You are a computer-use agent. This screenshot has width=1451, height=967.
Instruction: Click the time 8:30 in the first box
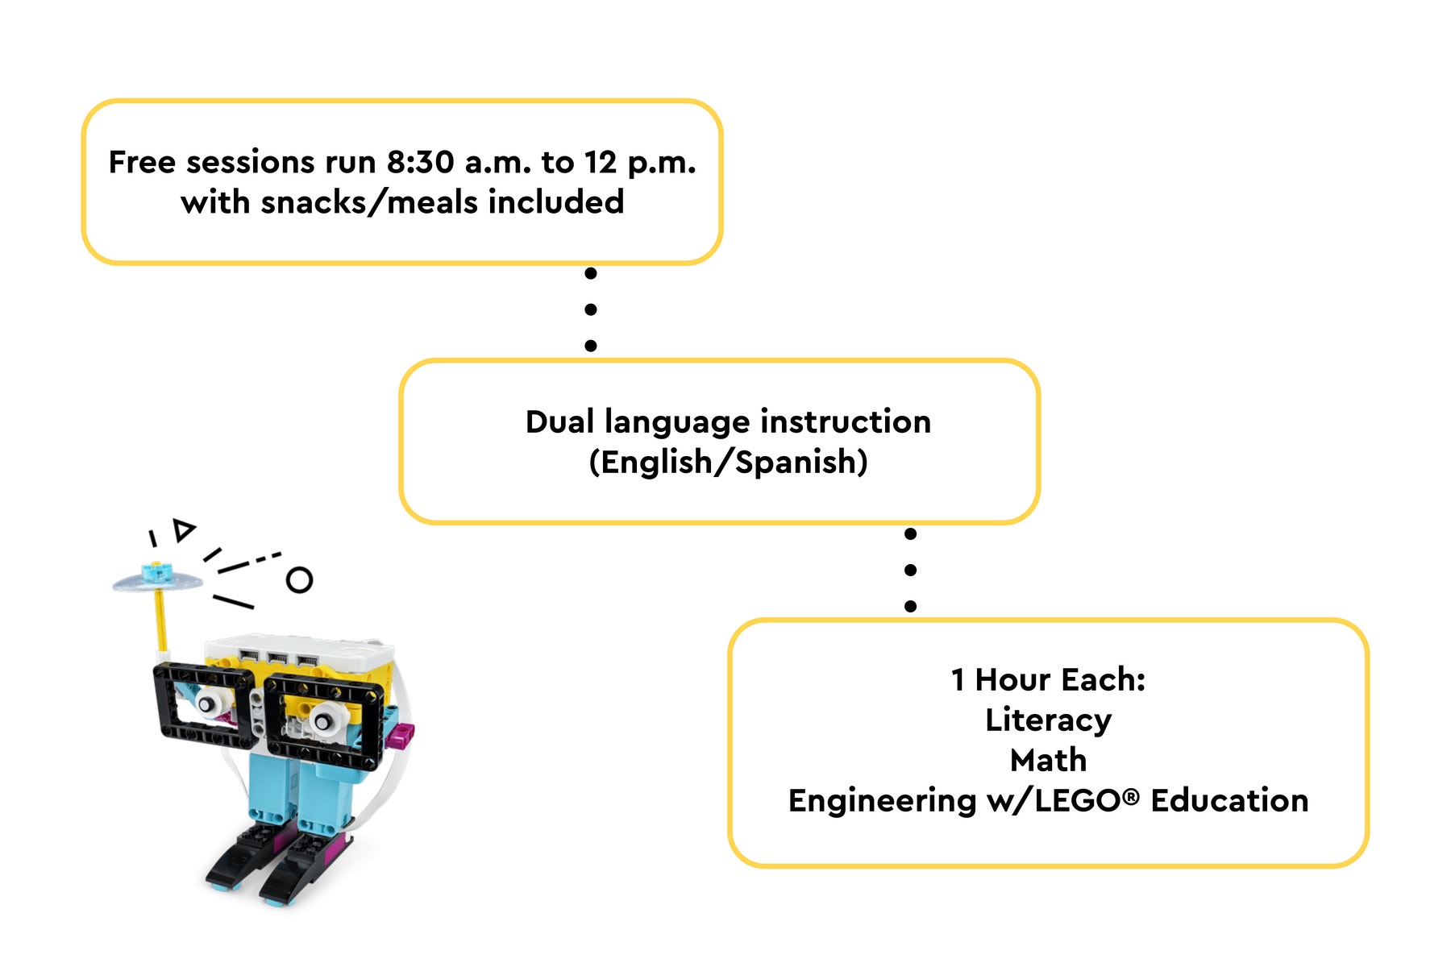420,163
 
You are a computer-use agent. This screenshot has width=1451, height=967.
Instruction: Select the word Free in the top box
142,163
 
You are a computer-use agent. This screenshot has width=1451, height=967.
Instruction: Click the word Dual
559,422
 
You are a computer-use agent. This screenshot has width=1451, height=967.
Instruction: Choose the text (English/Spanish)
728,463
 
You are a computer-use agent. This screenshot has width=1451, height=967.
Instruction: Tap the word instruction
846,422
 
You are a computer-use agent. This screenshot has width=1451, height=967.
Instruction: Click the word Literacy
1048,720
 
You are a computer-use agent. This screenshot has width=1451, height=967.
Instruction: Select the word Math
1048,761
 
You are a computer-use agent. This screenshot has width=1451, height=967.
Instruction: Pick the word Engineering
882,802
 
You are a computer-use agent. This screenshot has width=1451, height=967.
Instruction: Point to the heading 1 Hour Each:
1048,680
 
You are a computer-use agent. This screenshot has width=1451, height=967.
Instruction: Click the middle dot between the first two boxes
591,309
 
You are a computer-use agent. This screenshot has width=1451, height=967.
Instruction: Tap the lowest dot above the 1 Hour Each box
911,606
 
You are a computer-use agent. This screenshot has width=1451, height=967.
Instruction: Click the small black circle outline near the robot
299,580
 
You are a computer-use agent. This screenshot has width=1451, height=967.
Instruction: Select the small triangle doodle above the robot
185,529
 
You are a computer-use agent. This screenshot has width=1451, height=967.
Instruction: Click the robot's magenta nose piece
401,734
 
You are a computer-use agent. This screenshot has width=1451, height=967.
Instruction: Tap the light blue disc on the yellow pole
157,580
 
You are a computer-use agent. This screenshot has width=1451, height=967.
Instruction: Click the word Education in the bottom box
1229,801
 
